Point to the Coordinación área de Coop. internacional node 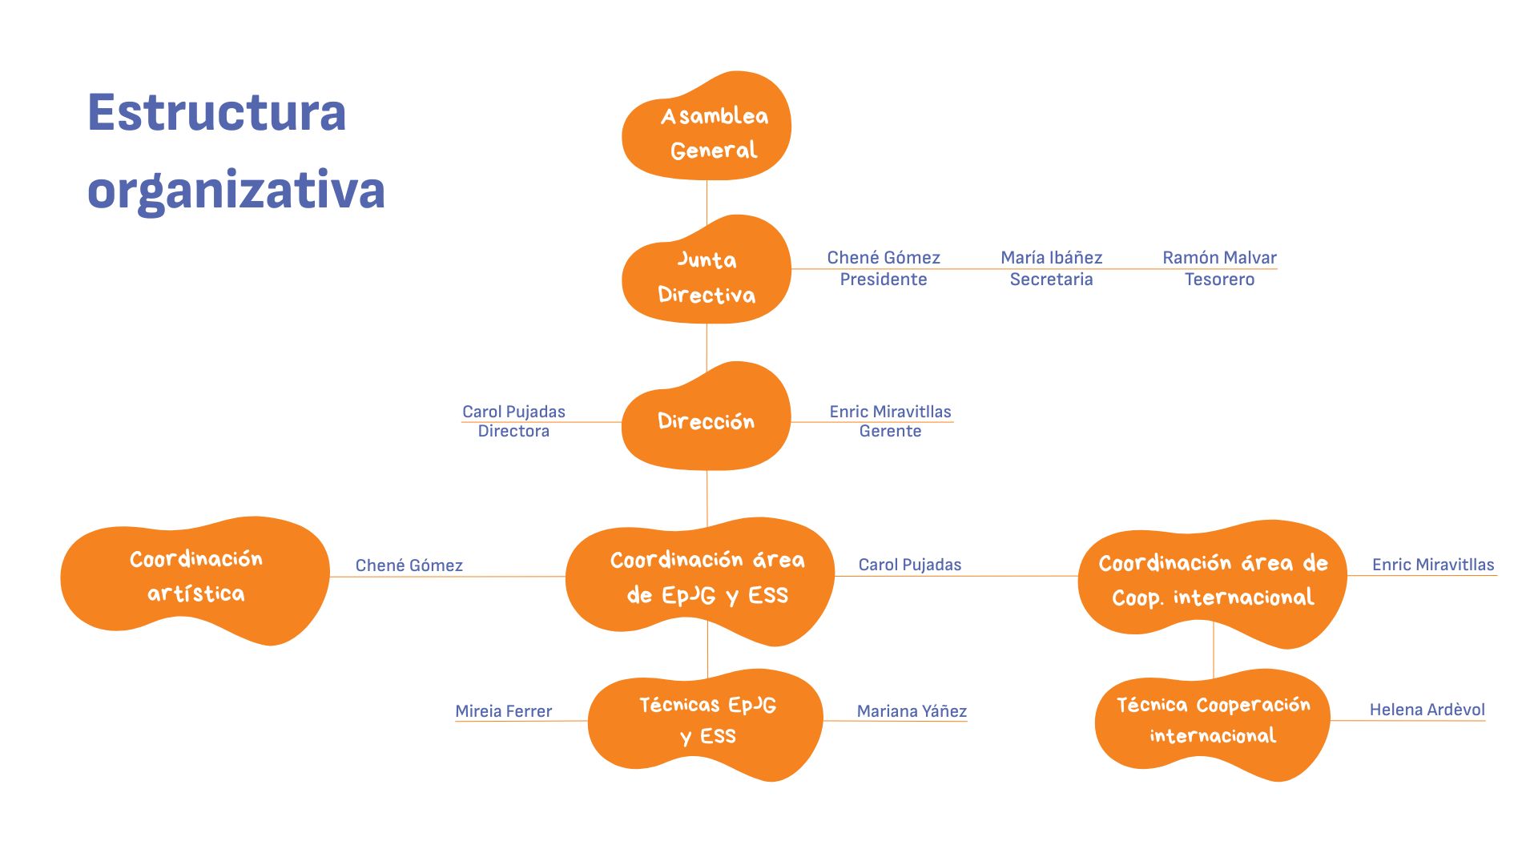tap(1213, 583)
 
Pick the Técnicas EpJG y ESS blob tap(706, 725)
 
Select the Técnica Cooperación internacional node tap(1213, 725)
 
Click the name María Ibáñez tap(1052, 258)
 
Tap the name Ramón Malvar tap(1219, 258)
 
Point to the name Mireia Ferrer tap(503, 711)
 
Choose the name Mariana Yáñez tap(912, 711)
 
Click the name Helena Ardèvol tap(1427, 710)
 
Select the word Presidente tap(884, 280)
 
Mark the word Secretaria tap(1051, 280)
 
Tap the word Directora tap(513, 431)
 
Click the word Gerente tap(890, 431)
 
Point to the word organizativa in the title tap(236, 191)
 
